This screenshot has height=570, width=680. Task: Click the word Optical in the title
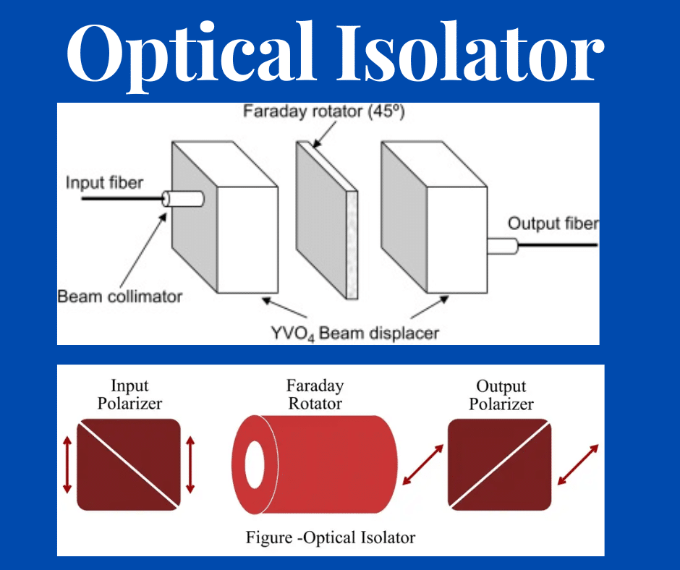point(190,55)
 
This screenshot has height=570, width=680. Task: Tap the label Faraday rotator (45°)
point(323,111)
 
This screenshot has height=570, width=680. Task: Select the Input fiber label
point(104,182)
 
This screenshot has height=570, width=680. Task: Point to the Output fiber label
point(553,224)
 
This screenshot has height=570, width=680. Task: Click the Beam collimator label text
point(119,297)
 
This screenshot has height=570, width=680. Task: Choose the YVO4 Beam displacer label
point(354,333)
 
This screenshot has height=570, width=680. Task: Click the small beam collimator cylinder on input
point(182,199)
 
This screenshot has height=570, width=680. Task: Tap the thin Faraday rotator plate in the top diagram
point(327,220)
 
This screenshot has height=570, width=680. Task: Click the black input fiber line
point(122,199)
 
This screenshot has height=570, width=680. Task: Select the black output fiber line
point(558,245)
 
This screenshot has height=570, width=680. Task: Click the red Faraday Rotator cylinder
point(315,464)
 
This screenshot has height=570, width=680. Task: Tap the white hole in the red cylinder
point(255,464)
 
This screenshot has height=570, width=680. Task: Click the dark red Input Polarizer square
point(129,464)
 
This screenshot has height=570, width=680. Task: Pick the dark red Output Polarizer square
point(500,464)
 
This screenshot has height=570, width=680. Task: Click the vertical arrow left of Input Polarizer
point(67,464)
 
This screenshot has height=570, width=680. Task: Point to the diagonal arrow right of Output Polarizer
point(578,464)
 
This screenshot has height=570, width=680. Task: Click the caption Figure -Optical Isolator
point(331,537)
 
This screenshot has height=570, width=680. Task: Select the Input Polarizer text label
point(129,394)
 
